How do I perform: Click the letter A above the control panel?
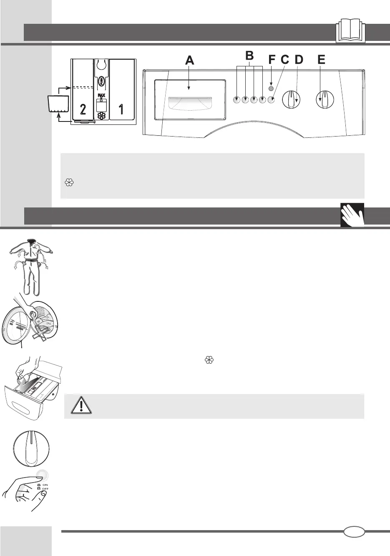[190, 61]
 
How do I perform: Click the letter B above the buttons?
[249, 56]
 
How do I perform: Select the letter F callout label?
[272, 60]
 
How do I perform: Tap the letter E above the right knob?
[321, 60]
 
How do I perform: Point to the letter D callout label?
[299, 60]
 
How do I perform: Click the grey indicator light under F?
[272, 88]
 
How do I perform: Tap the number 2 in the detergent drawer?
[83, 110]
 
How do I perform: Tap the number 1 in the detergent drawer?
[121, 110]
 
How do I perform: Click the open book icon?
[350, 30]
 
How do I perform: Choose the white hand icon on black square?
[352, 215]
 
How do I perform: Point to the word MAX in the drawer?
[101, 96]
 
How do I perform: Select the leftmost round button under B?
[237, 100]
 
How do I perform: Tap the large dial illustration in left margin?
[30, 449]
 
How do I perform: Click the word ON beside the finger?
[45, 485]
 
